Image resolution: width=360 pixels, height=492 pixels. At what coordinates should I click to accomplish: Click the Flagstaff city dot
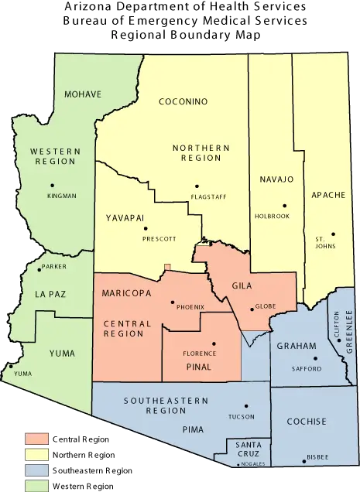point(197,186)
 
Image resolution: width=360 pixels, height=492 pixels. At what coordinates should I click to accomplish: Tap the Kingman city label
point(62,196)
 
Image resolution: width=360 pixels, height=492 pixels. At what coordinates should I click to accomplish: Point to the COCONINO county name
point(183,101)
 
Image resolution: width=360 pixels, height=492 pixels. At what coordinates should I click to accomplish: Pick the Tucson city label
point(242,416)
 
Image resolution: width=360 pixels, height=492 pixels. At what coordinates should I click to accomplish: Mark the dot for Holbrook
point(284,205)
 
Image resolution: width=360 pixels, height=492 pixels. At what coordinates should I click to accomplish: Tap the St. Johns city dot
point(334,234)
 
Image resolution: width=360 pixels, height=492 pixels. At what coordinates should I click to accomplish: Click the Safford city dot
point(315,358)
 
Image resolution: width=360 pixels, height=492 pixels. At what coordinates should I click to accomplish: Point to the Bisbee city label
point(317,458)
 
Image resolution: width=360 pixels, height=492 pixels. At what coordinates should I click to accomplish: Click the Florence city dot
point(214,343)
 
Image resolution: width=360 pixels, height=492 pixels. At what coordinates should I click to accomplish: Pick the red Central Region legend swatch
point(36,439)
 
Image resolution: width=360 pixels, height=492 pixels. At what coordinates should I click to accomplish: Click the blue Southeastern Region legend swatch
point(36,470)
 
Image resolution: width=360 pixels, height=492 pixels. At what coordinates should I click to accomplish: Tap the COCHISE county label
point(307,422)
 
